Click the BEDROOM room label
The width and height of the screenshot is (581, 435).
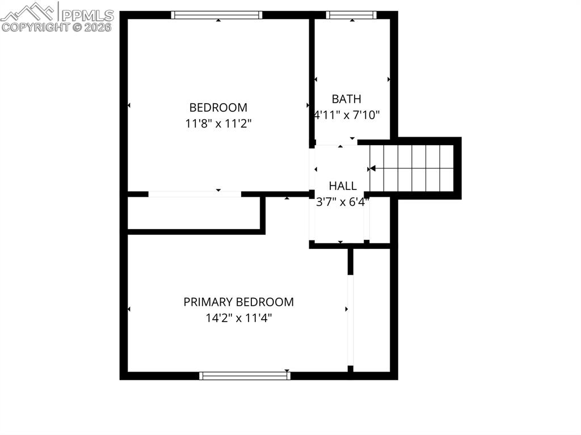pyautogui.click(x=218, y=107)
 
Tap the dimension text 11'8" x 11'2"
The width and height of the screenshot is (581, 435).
pyautogui.click(x=218, y=123)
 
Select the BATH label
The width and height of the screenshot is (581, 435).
pyautogui.click(x=346, y=99)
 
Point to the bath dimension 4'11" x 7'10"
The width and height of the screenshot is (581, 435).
pyautogui.click(x=347, y=115)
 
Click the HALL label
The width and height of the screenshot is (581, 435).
pyautogui.click(x=343, y=185)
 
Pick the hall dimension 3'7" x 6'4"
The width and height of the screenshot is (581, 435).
pyautogui.click(x=343, y=201)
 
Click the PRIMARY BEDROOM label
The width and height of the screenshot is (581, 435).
pyautogui.click(x=238, y=302)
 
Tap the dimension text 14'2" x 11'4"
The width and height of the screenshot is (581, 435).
pyautogui.click(x=238, y=318)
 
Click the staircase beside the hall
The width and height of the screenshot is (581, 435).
pyautogui.click(x=412, y=168)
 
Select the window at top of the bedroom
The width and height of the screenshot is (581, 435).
pyautogui.click(x=217, y=15)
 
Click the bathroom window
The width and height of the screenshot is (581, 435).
pyautogui.click(x=351, y=15)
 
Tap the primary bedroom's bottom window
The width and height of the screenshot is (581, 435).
pyautogui.click(x=245, y=375)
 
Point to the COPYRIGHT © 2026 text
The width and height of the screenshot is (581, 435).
pyautogui.click(x=57, y=27)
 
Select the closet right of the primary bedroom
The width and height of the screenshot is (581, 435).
pyautogui.click(x=372, y=309)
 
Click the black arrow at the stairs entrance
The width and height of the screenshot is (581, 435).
pyautogui.click(x=372, y=168)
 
